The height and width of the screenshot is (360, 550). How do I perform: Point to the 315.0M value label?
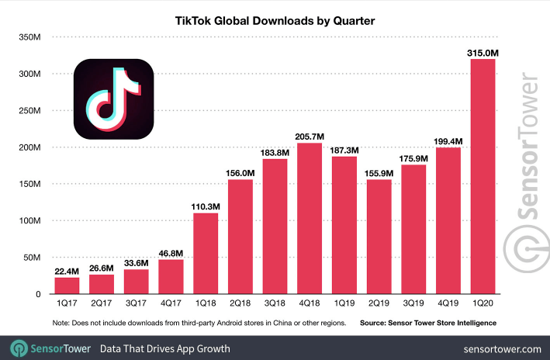pos(482,52)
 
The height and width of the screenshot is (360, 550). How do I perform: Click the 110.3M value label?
pos(206,206)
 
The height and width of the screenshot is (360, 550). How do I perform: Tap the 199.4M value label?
pos(448,140)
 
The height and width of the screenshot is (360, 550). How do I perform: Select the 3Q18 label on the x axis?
pos(275,305)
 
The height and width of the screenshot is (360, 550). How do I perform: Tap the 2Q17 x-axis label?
pos(101,305)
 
